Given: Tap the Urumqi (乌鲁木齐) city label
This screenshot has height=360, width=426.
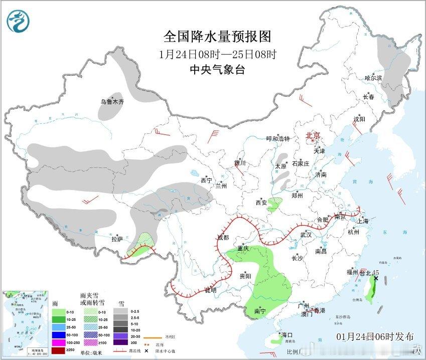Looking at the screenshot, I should (111, 102).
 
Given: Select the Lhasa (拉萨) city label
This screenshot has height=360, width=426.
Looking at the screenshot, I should (117, 239).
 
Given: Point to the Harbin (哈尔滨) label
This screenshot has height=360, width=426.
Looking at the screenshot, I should (373, 78).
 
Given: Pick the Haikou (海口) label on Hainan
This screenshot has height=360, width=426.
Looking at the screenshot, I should (287, 334).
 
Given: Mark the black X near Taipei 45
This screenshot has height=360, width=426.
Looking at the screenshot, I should (376, 278).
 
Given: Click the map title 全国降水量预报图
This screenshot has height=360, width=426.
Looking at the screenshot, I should (217, 37).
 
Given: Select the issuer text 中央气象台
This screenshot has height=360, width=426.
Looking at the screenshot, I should (217, 70).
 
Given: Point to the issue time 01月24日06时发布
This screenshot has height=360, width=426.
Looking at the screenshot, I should (375, 336).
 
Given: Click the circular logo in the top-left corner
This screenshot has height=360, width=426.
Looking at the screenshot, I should (18, 21).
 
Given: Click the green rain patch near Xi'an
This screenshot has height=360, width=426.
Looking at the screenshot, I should (274, 204).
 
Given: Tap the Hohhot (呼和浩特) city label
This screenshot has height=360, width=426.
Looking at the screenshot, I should (277, 139).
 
